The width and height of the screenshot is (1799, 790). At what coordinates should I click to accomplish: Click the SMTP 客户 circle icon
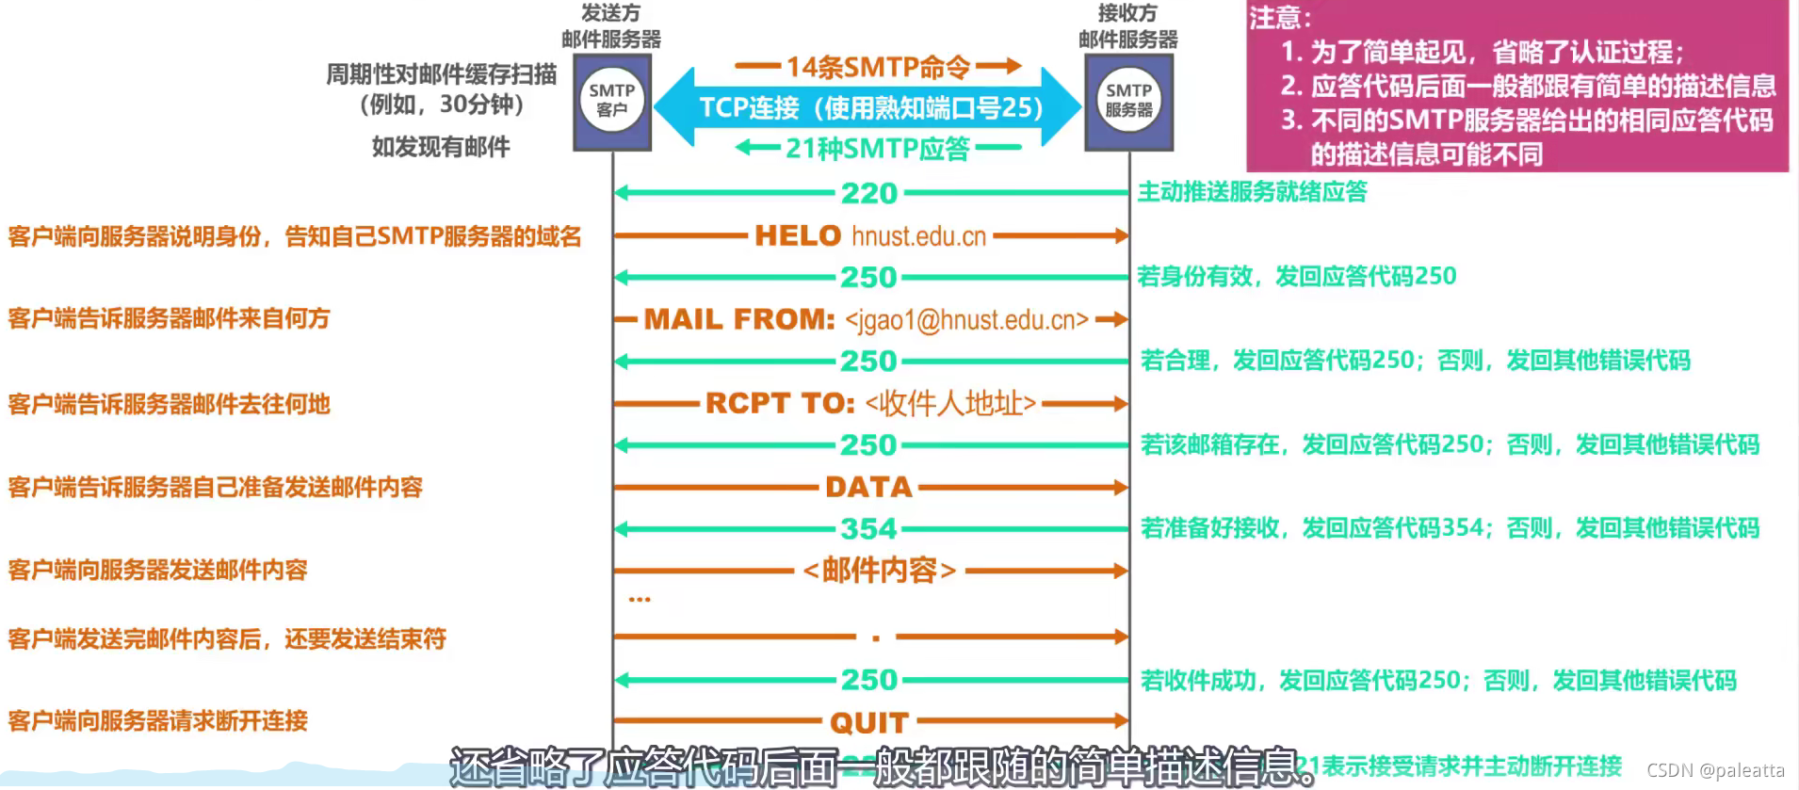tap(612, 101)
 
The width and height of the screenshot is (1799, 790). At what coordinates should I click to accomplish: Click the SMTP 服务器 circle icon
tap(1128, 101)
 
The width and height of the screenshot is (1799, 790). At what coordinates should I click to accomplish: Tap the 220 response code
tap(869, 193)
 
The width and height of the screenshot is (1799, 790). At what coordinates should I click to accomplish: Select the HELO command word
tap(798, 235)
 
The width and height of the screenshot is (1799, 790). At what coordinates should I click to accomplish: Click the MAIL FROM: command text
tap(739, 320)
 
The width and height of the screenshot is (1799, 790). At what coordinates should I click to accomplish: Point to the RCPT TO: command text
tap(780, 404)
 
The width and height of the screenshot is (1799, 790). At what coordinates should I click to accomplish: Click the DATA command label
tap(868, 487)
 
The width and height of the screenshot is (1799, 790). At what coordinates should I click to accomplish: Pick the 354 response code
tap(868, 529)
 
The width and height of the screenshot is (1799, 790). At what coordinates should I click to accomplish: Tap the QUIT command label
tap(868, 722)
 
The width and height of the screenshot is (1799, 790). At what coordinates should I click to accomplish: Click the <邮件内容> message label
tap(880, 571)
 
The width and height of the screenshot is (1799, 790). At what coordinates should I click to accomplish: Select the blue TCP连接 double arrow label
tap(869, 107)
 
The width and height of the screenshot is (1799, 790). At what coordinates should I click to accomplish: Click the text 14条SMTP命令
tap(878, 67)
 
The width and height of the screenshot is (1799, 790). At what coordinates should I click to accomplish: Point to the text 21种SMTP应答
tap(878, 148)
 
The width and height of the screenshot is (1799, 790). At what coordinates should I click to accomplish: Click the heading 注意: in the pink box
tap(1280, 18)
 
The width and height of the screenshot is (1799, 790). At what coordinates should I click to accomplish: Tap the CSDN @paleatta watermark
tap(1715, 770)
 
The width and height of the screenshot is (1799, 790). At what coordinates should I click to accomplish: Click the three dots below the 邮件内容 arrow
tap(640, 599)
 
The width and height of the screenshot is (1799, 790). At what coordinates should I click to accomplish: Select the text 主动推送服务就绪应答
tap(1252, 192)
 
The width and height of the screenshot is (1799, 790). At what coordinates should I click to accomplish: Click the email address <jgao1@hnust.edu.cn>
tap(966, 320)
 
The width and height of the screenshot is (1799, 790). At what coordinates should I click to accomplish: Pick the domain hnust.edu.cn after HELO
tap(918, 236)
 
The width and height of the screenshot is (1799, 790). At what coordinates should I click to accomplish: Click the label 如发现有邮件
tap(441, 147)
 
